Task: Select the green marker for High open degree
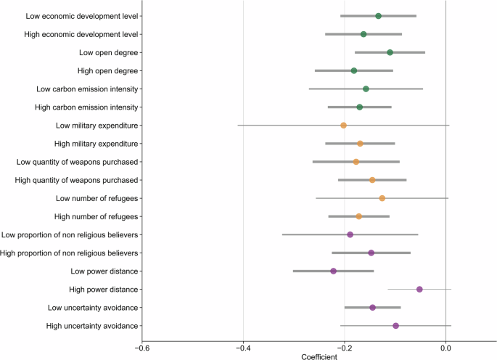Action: pos(354,70)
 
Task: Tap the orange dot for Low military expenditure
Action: pos(344,126)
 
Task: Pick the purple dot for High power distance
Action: pos(419,289)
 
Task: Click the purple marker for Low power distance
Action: pos(334,271)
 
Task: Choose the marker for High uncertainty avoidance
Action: pos(395,326)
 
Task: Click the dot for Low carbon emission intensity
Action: pos(366,89)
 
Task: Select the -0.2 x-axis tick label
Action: pos(344,347)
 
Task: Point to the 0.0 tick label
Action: pos(445,347)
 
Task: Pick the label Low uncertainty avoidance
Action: pos(93,308)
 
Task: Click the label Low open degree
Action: pos(109,52)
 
